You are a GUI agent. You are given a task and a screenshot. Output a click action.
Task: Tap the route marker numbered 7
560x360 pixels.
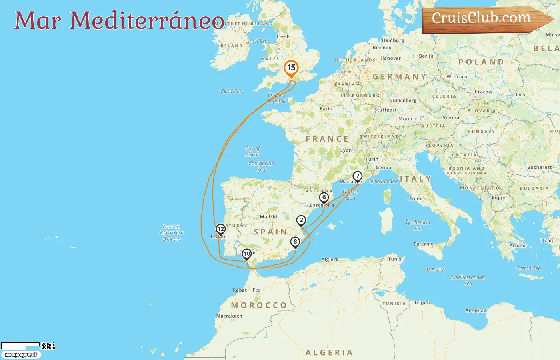click(x=357, y=176)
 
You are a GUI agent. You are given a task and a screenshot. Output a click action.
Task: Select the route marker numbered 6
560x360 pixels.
click(x=324, y=198)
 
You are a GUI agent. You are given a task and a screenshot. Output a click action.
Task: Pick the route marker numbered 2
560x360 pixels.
click(x=301, y=220)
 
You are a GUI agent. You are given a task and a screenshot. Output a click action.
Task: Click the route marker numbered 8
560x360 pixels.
click(x=295, y=242)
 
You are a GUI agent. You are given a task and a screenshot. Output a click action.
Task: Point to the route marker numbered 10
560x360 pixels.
click(x=247, y=254)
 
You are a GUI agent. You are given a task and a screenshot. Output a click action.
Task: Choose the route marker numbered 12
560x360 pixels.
click(x=220, y=229)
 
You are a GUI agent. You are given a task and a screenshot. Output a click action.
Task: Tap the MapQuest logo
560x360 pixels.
click(x=21, y=355)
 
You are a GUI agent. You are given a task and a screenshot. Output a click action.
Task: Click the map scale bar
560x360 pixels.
click(x=21, y=345)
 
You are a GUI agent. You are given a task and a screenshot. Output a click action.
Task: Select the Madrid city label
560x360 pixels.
click(x=268, y=217)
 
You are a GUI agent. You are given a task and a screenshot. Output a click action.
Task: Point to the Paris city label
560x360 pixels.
click(x=326, y=109)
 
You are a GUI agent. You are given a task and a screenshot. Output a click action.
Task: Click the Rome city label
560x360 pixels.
click(x=416, y=199)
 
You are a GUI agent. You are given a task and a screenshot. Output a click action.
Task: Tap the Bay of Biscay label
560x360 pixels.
click(x=252, y=151)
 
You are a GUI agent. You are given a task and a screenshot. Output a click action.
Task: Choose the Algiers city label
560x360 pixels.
click(x=330, y=260)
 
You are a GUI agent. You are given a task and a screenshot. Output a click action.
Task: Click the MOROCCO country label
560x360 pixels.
click(x=259, y=305)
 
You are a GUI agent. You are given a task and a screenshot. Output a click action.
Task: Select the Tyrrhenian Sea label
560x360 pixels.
click(x=418, y=225)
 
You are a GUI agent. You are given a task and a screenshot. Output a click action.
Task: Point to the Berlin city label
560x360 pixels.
click(x=426, y=56)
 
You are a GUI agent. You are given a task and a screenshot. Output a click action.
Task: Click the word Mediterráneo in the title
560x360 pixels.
click(x=147, y=20)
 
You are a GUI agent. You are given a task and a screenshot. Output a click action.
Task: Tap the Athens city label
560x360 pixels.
click(x=518, y=246)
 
